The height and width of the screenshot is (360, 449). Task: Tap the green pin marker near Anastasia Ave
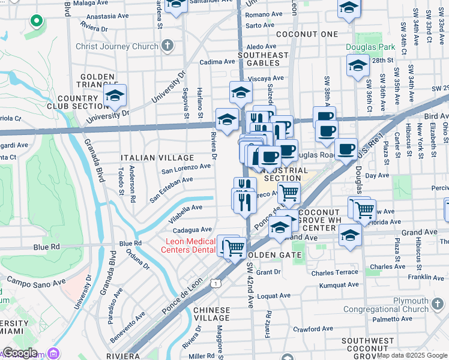[x=36, y=22]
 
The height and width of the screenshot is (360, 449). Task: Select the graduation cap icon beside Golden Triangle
[x=115, y=95]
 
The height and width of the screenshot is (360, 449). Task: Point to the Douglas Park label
[x=370, y=47]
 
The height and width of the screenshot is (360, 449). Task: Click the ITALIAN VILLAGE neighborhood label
[x=149, y=158]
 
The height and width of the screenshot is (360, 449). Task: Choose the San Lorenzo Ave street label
[x=186, y=169]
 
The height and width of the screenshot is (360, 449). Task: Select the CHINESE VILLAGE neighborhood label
[x=211, y=314]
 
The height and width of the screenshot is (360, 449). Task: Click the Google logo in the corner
[x=20, y=353]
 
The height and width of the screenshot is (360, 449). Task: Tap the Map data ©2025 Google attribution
[x=412, y=356]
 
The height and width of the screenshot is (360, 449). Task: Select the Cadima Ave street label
[x=217, y=62]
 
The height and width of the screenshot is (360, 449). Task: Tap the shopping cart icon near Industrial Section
[x=289, y=193]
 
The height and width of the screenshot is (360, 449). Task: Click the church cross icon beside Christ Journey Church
[x=167, y=46]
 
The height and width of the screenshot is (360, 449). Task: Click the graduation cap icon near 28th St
[x=358, y=65]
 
